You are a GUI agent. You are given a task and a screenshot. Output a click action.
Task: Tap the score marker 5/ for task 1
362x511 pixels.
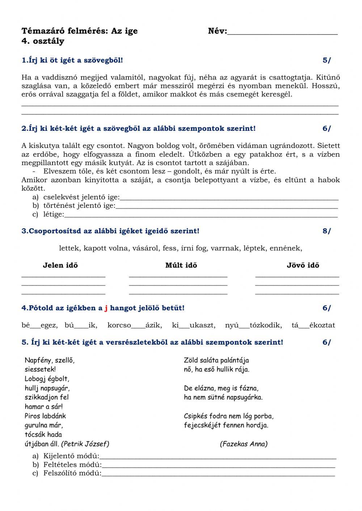click(x=327, y=60)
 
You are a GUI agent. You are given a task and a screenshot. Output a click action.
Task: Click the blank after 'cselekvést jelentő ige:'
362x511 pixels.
click(x=229, y=198)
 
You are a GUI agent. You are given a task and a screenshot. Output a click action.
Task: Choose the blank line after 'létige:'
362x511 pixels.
click(x=201, y=215)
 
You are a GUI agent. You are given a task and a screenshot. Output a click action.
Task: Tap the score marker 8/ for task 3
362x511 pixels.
click(x=327, y=231)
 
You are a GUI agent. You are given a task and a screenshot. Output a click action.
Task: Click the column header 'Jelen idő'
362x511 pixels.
click(x=60, y=265)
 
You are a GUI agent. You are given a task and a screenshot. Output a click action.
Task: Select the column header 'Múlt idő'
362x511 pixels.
click(x=181, y=265)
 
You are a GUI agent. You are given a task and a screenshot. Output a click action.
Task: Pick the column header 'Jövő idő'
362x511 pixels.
click(x=303, y=265)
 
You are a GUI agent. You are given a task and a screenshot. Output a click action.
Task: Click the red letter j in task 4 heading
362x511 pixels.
click(x=106, y=308)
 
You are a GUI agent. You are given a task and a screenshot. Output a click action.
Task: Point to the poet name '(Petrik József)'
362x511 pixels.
click(x=85, y=444)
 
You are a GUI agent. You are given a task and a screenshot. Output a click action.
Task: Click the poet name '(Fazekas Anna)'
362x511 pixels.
click(x=244, y=444)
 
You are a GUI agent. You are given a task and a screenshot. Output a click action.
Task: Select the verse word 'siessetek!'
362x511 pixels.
click(x=40, y=370)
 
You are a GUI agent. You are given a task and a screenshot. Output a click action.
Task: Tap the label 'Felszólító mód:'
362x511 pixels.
click(x=72, y=474)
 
